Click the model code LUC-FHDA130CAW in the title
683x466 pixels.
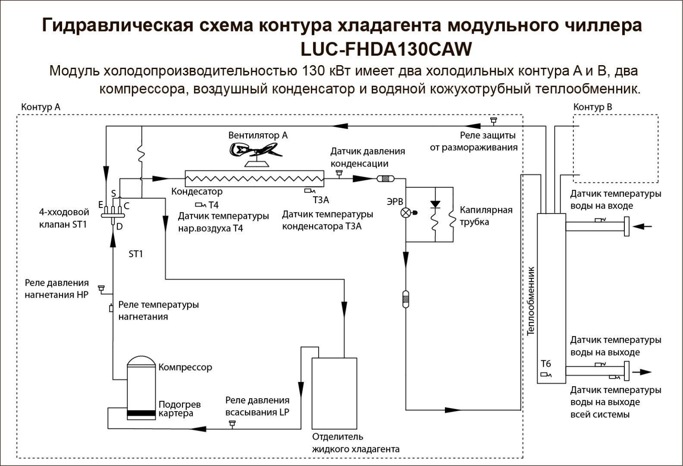tap(386, 50)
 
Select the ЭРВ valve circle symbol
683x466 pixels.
tap(406, 213)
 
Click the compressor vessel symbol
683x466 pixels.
tap(141, 387)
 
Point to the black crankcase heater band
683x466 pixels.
tap(141, 413)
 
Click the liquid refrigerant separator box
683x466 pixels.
tap(334, 394)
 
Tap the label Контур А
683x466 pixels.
tap(41, 107)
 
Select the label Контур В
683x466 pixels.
tap(592, 107)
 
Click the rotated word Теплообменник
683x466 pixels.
tap(531, 301)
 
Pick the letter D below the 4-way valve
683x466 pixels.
tap(119, 227)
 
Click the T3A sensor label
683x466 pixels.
tap(321, 200)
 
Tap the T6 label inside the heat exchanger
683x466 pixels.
tap(546, 363)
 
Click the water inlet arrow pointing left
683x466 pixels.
tap(642, 227)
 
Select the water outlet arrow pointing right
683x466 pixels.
tap(642, 372)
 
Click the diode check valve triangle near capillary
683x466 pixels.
tap(435, 204)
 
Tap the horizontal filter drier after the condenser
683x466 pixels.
tap(385, 179)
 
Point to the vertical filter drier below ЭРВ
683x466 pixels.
tap(405, 299)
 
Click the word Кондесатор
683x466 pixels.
tap(197, 191)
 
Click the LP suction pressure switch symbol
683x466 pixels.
tap(232, 424)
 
